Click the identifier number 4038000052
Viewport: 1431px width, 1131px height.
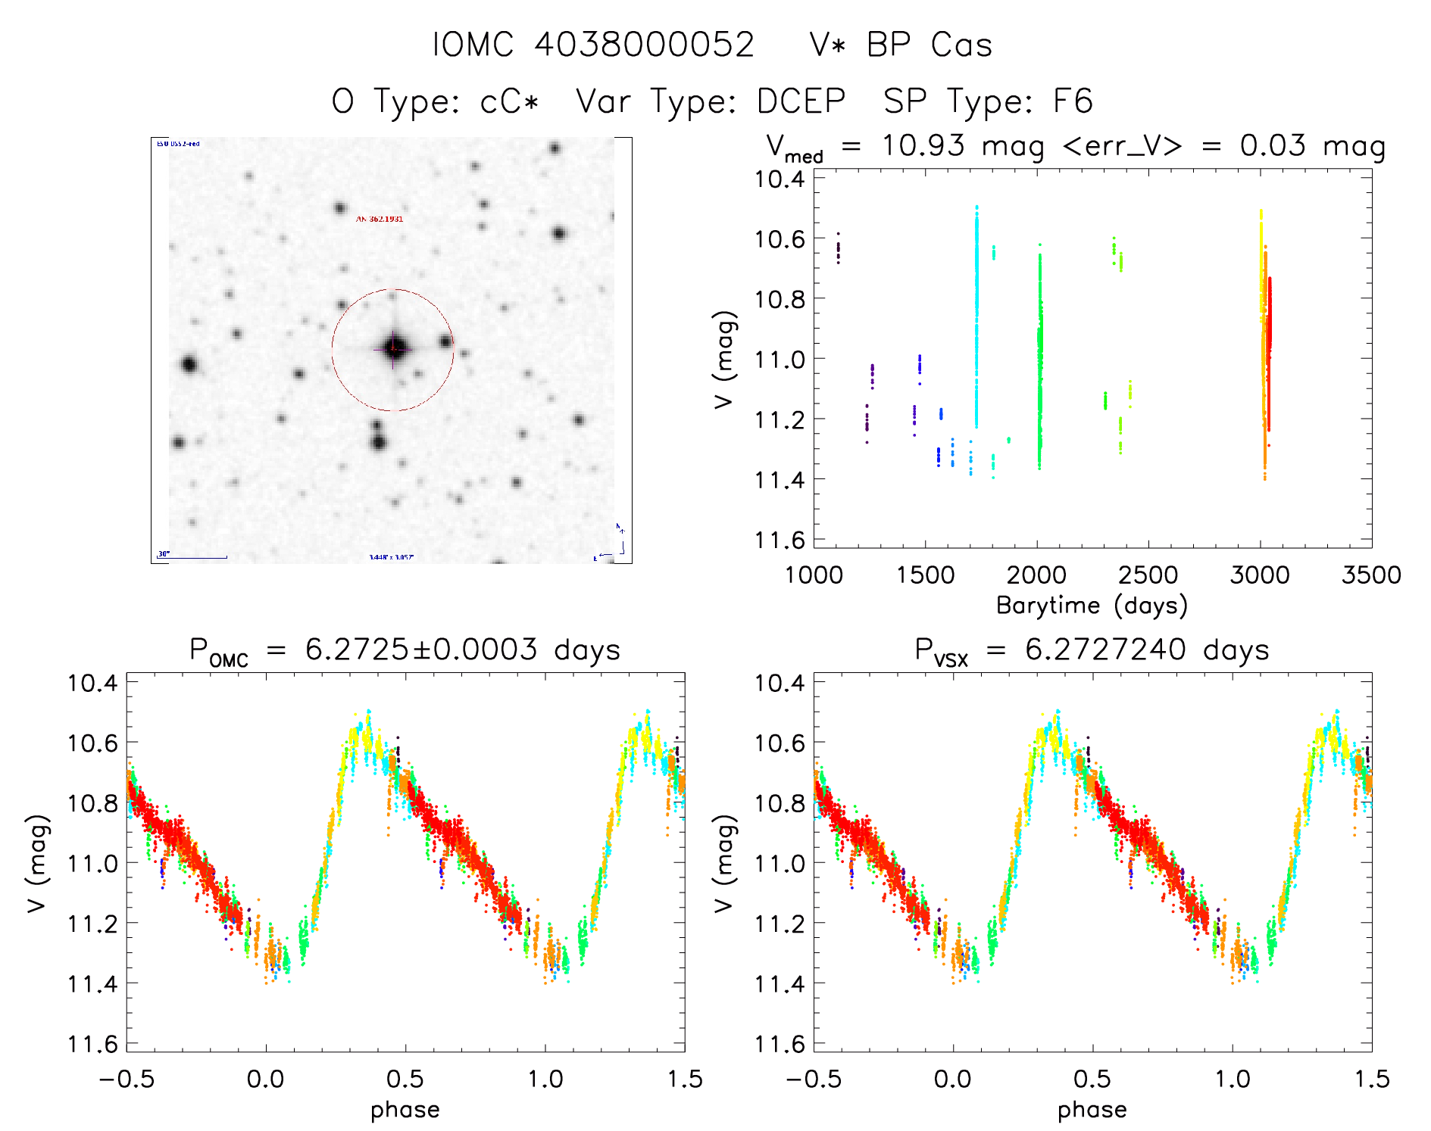click(x=644, y=45)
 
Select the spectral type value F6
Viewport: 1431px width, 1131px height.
click(x=1073, y=101)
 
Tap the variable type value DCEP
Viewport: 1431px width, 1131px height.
click(x=801, y=101)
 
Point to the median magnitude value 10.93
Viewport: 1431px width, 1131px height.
click(x=923, y=145)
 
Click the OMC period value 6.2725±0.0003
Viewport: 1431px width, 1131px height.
click(x=421, y=650)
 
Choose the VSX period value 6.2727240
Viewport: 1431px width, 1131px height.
click(x=1105, y=650)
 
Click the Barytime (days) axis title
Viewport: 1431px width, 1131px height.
click(x=1092, y=606)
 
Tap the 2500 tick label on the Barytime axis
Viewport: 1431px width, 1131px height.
click(x=1148, y=575)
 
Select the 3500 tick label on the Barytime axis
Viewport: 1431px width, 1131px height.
click(x=1371, y=575)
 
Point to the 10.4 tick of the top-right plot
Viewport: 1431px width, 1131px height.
click(x=780, y=179)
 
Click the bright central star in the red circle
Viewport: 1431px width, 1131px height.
click(x=393, y=349)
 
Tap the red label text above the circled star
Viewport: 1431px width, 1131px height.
click(x=380, y=220)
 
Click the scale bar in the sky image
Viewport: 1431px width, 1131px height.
click(x=192, y=557)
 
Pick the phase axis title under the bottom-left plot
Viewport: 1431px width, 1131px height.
click(x=405, y=1110)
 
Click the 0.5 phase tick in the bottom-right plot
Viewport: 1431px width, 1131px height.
click(x=1092, y=1079)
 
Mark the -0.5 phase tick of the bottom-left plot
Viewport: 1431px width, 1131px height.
click(x=127, y=1079)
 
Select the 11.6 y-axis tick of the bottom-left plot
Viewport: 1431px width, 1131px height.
click(x=93, y=1045)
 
